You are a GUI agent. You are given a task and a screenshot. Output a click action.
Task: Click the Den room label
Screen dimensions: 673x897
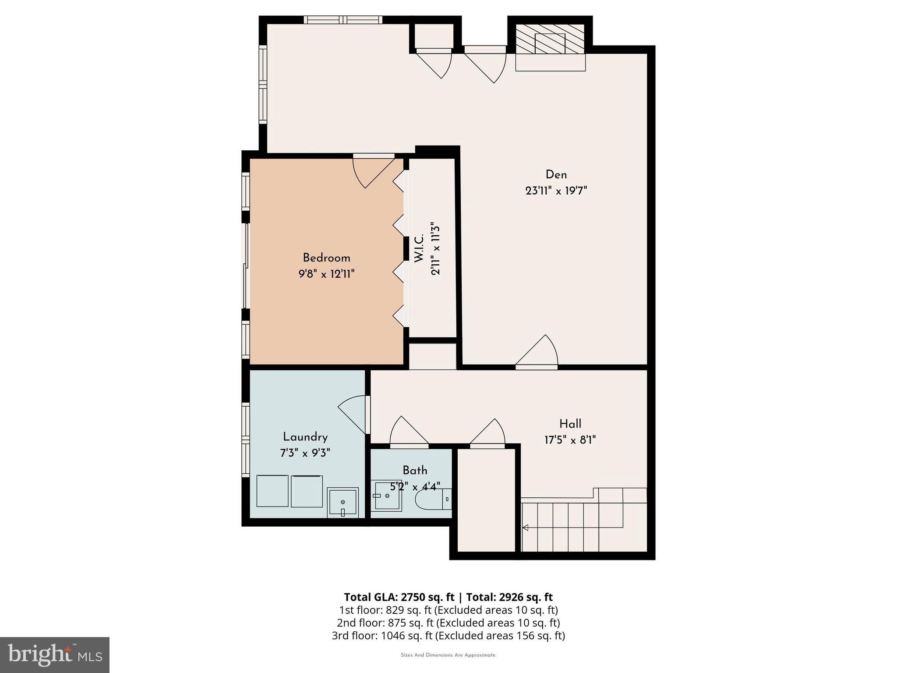(x=556, y=175)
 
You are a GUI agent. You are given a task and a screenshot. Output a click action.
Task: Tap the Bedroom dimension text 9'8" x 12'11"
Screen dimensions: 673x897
(x=326, y=274)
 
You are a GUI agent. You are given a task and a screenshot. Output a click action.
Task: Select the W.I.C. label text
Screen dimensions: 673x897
(x=419, y=248)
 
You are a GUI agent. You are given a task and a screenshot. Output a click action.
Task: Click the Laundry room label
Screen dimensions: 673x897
(x=305, y=437)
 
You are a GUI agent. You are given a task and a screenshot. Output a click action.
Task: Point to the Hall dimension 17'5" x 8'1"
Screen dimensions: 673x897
(x=570, y=440)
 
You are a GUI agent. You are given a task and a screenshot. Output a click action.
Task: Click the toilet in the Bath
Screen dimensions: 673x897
(x=431, y=499)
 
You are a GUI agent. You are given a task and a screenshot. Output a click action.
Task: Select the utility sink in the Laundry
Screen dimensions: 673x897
(x=343, y=503)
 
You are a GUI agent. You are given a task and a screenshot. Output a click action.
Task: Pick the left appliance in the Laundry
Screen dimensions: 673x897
(x=272, y=491)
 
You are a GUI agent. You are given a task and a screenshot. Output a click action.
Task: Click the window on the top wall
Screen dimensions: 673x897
(x=343, y=20)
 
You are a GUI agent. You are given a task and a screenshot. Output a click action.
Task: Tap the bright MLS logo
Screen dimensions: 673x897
(x=54, y=655)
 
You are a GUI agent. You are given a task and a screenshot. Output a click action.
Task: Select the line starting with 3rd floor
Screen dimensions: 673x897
(x=448, y=635)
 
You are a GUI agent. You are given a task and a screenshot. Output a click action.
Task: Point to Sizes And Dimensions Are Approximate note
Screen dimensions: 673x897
(x=448, y=655)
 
